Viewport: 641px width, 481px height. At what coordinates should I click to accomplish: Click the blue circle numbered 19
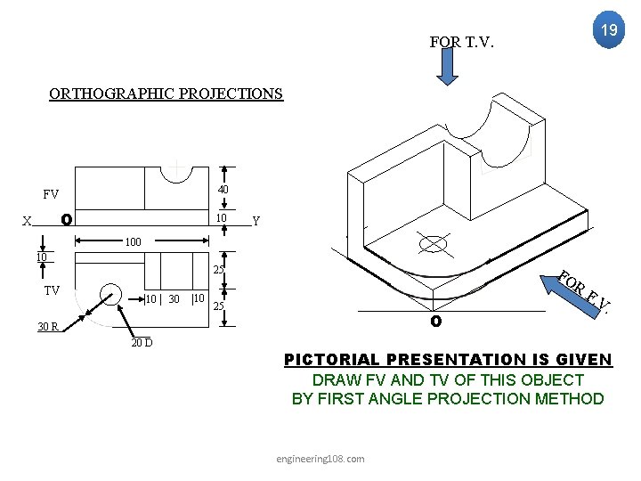coord(608,30)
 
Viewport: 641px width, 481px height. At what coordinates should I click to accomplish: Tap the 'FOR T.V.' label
coord(461,42)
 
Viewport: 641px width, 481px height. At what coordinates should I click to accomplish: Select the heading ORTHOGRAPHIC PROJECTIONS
coord(166,94)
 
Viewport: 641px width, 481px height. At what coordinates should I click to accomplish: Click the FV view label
coord(51,193)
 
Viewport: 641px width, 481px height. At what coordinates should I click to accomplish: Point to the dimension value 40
coord(223,190)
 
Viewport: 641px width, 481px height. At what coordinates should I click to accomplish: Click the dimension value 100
coord(132,241)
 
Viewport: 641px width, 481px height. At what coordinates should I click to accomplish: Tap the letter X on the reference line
coord(28,221)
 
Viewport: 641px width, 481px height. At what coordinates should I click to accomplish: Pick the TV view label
coord(53,291)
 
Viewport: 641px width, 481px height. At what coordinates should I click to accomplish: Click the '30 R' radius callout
coord(47,326)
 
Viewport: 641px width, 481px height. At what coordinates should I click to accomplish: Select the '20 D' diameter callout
coord(142,343)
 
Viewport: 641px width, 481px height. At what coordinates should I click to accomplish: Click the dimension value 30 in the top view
coord(174,298)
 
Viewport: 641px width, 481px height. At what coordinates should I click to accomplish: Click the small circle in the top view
coord(110,297)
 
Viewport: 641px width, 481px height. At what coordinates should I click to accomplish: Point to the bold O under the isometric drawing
coord(435,321)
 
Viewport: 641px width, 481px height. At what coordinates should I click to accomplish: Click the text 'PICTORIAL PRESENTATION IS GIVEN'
coord(447,360)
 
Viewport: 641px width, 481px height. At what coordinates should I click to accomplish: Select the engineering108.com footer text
coord(320,458)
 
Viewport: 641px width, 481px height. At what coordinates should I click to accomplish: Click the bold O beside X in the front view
coord(66,219)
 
